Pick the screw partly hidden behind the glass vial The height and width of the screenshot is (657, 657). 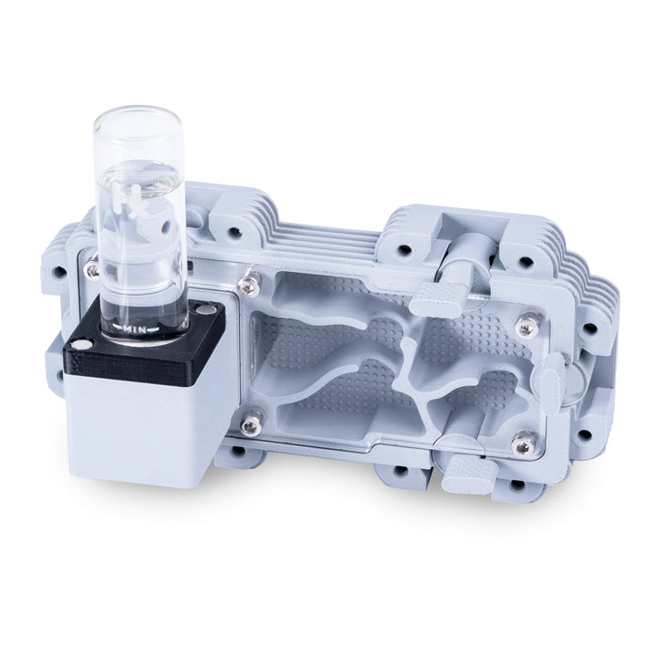pos(92,266)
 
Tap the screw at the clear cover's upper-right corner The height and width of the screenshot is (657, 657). pos(528,323)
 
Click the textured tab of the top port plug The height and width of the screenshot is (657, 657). pos(437,298)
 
